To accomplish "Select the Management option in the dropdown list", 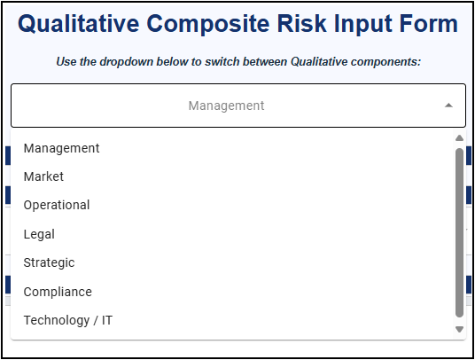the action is pos(61,149).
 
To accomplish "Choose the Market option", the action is pos(43,176).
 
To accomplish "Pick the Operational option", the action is pos(57,206).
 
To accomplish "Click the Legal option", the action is pos(39,234).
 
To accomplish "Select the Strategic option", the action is pos(49,262).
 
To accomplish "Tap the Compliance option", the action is pos(58,292).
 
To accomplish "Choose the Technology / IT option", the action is pos(68,320).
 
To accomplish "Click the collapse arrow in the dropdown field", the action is pos(448,106).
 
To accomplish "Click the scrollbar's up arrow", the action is pos(459,138).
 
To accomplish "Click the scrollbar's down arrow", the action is pos(459,329).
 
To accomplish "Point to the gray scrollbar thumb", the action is pos(459,232).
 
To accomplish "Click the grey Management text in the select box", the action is pos(226,106).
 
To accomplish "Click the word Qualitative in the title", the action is pos(79,24).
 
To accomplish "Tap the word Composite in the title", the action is pos(208,25).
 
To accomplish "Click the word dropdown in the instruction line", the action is pos(127,62).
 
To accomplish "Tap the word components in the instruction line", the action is pos(386,62).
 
